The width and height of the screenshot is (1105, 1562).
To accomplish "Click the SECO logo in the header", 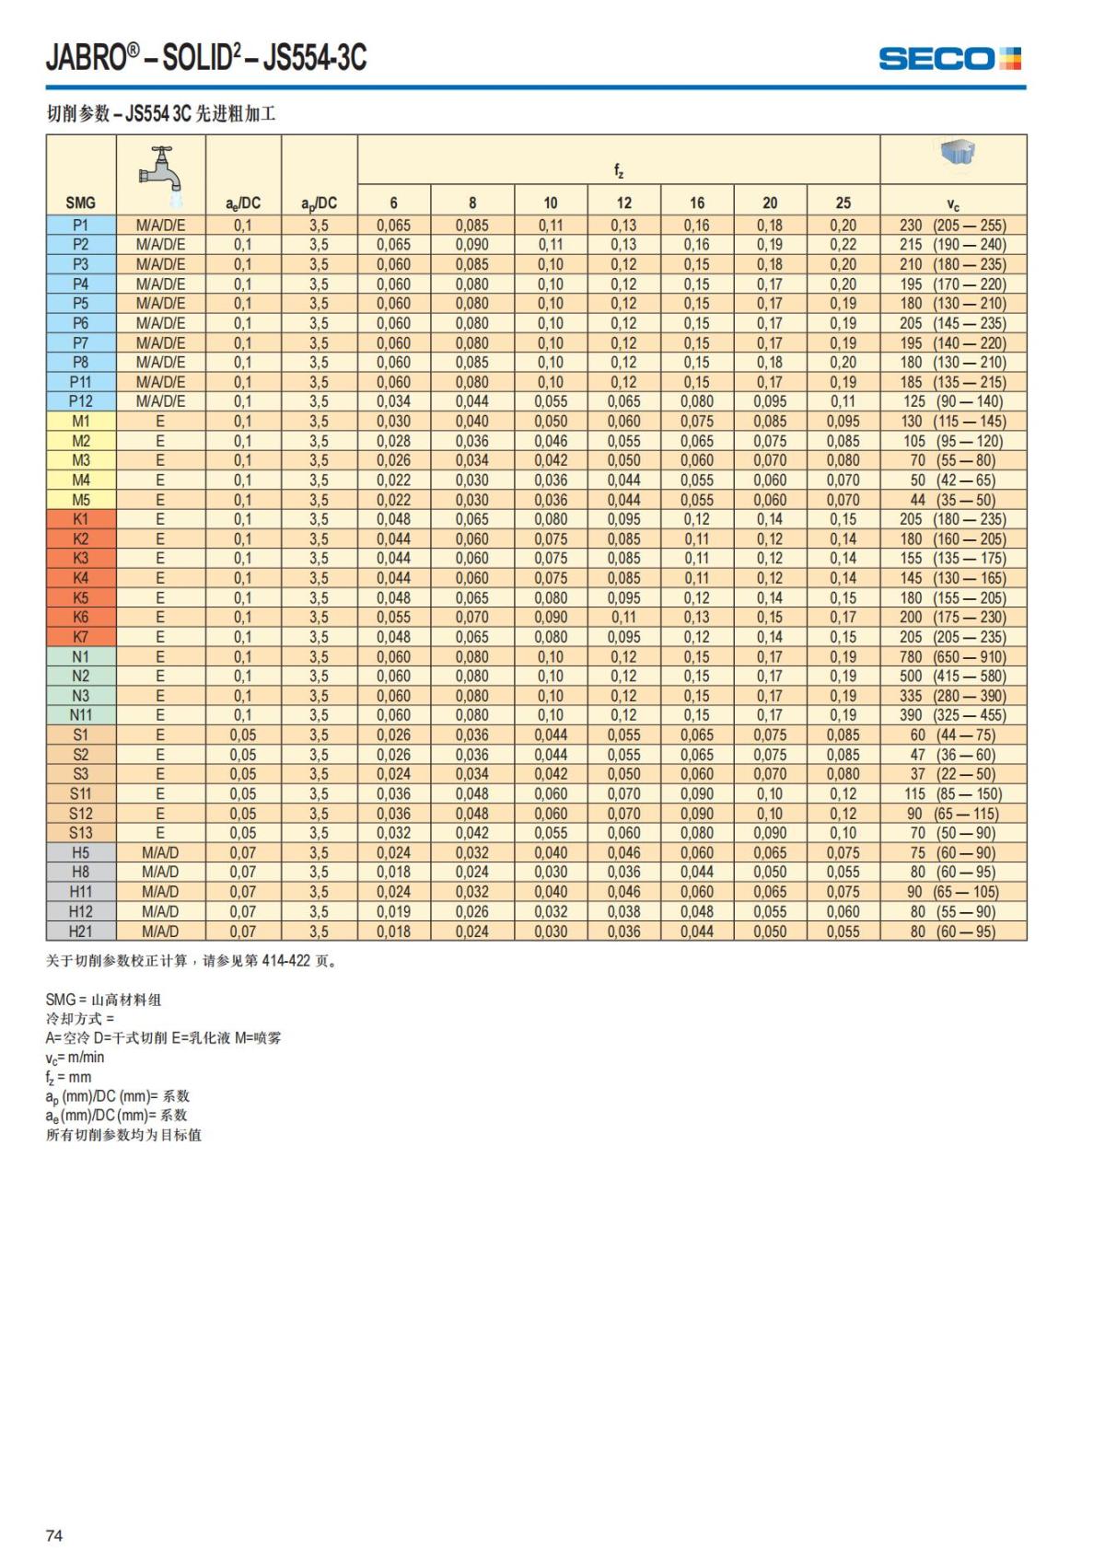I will click(x=949, y=59).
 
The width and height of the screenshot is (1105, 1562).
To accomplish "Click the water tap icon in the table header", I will click(x=160, y=168).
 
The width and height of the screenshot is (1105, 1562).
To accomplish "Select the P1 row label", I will click(x=81, y=226).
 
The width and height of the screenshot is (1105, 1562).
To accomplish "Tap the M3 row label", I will click(x=81, y=460).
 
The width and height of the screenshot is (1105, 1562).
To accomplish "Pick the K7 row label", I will click(x=81, y=637).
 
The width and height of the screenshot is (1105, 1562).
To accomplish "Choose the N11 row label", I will click(x=81, y=715).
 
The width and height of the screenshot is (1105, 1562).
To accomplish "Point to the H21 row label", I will click(x=81, y=931).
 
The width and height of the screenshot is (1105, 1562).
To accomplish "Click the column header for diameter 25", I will click(x=843, y=203).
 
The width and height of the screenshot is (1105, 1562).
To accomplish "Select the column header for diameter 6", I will click(x=393, y=203).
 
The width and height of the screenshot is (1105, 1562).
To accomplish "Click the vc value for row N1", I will click(x=953, y=657).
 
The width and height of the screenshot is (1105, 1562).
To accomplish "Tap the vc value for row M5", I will click(x=953, y=500).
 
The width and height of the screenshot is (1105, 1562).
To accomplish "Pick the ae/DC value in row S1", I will click(x=243, y=735).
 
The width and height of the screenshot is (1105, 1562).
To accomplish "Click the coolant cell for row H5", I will click(x=160, y=852).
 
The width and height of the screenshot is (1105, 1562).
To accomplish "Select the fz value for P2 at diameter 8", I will click(x=472, y=245).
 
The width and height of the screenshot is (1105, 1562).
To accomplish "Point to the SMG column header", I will click(x=81, y=203).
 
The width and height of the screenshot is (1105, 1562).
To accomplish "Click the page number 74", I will click(x=54, y=1535).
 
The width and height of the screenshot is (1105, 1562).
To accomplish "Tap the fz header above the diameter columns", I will click(x=619, y=170).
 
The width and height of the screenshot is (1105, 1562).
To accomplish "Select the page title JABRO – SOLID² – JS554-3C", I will click(x=206, y=58).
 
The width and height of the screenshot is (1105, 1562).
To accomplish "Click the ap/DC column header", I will click(x=319, y=203).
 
